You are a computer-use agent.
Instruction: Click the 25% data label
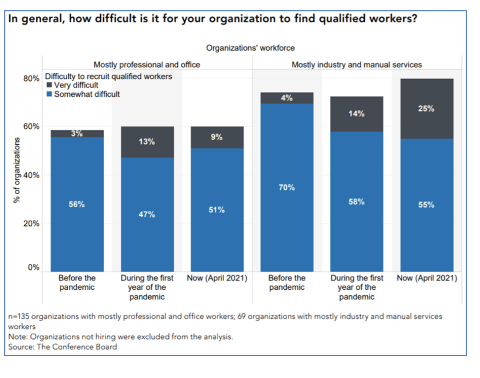click(x=426, y=109)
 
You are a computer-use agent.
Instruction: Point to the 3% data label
click(x=77, y=133)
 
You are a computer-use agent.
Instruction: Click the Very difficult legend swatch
click(x=49, y=85)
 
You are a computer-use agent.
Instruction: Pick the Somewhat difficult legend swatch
click(x=49, y=94)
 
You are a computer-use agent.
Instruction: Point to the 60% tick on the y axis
click(x=31, y=127)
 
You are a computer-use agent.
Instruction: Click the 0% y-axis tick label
click(x=33, y=268)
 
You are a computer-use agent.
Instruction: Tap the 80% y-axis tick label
click(x=31, y=79)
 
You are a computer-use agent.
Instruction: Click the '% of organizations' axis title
click(x=17, y=170)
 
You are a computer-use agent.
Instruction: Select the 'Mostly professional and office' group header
click(x=146, y=65)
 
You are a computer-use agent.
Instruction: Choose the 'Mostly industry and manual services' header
click(x=356, y=65)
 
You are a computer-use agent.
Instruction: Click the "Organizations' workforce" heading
click(x=250, y=48)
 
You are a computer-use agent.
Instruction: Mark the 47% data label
click(x=146, y=215)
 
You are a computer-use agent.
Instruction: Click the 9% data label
click(x=216, y=137)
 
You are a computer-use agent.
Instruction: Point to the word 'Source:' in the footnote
click(x=21, y=347)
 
